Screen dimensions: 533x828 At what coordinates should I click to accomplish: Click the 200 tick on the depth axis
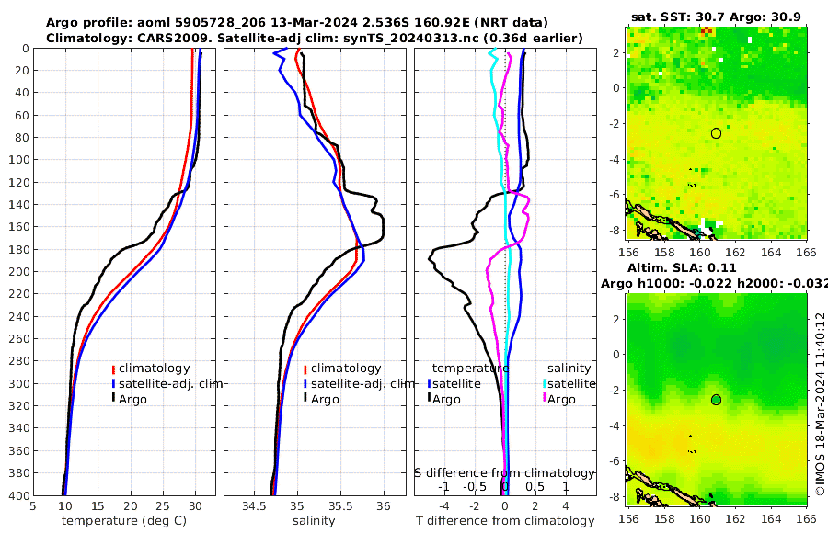17,272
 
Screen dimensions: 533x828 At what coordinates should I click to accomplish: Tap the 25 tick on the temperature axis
162,505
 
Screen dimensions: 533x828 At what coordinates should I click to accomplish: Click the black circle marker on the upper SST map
716,133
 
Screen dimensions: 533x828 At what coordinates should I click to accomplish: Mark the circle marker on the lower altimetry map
716,400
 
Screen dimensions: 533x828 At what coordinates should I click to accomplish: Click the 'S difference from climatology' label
504,472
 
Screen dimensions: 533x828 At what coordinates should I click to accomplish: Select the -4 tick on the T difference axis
444,505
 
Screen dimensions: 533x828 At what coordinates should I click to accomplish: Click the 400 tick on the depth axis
17,495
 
